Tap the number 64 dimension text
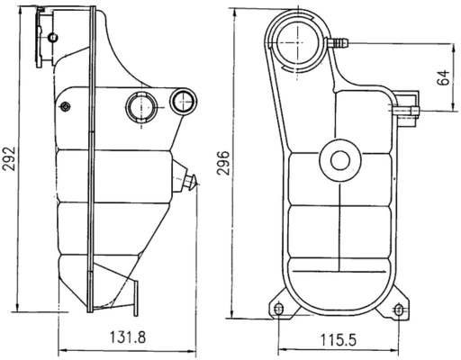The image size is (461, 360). click(x=443, y=76)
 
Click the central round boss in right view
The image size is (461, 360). click(x=339, y=161)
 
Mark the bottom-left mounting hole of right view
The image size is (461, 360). click(x=277, y=310)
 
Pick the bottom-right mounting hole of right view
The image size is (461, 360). click(x=398, y=310)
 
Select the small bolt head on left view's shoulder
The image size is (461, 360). click(x=65, y=107)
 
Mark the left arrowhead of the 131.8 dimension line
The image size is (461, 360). click(x=60, y=349)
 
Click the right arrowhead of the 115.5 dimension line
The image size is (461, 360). click(x=396, y=349)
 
